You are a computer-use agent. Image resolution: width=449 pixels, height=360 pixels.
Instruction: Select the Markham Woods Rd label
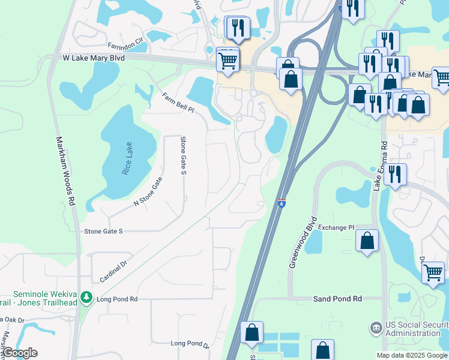tap(67, 171)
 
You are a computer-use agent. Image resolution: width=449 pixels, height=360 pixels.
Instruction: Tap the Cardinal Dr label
tap(114, 271)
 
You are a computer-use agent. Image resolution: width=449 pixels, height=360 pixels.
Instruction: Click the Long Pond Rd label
tap(117, 299)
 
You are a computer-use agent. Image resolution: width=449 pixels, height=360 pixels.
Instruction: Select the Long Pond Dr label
tap(189, 344)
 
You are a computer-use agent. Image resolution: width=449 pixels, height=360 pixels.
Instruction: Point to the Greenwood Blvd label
tap(302, 242)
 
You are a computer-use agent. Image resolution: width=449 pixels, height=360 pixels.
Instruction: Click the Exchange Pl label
tap(336, 227)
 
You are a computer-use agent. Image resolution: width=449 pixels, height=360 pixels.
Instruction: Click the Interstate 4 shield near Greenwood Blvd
tap(281, 203)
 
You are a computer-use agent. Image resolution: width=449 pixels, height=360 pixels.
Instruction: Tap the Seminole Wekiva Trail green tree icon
tap(86, 297)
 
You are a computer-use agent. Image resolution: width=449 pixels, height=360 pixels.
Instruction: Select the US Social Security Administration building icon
tap(376, 328)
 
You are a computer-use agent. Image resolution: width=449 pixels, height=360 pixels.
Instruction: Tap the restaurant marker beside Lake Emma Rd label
tap(394, 174)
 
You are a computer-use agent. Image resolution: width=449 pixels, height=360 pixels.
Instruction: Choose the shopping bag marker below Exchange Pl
tap(367, 241)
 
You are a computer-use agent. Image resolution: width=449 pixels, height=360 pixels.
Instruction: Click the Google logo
tap(20, 353)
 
